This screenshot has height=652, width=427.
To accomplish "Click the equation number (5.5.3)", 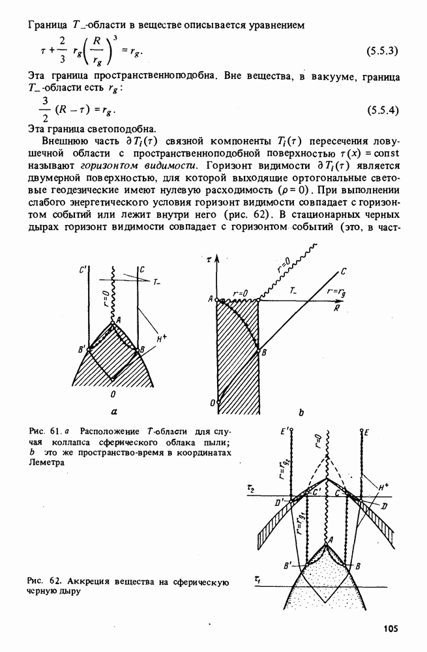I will [384, 50].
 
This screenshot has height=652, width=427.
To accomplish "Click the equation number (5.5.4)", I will [384, 110].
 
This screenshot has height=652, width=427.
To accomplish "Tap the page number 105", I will [390, 629].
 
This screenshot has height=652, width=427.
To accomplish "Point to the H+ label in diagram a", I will [162, 339].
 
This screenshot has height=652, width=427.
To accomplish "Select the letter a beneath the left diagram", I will [115, 411].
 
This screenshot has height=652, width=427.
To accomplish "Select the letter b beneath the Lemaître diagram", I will [301, 412].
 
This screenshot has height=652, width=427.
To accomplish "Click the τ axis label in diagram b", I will [209, 259].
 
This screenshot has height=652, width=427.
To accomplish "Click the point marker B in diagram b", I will [265, 352].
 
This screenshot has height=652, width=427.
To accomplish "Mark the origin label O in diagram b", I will [211, 404].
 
